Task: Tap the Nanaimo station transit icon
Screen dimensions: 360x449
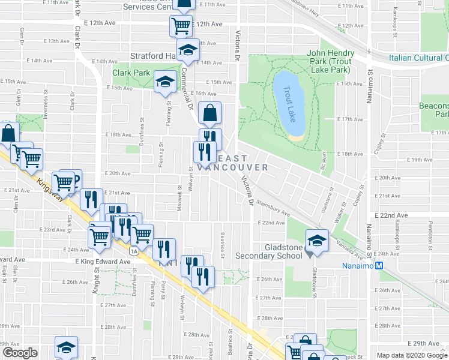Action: [x=379, y=266]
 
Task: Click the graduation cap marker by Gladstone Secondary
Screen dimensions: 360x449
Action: [x=316, y=241]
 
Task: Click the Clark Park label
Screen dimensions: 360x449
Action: [x=131, y=73]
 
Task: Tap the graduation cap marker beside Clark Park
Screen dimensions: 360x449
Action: [x=164, y=82]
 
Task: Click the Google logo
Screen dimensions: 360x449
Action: [x=20, y=353]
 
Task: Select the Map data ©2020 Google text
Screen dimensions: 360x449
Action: [x=412, y=355]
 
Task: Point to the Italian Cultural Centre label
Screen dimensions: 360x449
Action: [x=418, y=58]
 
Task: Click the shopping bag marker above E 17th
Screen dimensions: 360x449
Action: [x=209, y=113]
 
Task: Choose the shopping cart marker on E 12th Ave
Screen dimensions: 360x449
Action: [x=180, y=26]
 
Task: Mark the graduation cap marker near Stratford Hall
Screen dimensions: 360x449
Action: [x=188, y=50]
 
